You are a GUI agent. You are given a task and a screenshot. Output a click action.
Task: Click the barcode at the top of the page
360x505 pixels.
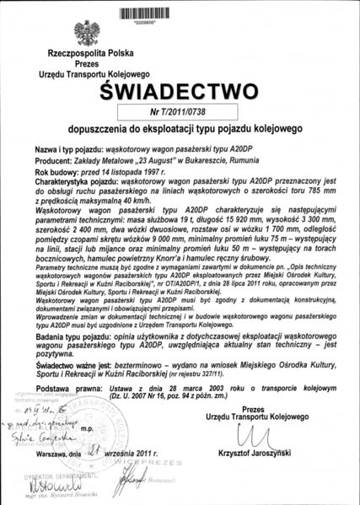(180, 13)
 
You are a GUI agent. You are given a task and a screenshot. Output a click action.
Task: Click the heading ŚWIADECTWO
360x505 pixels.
(180, 91)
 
